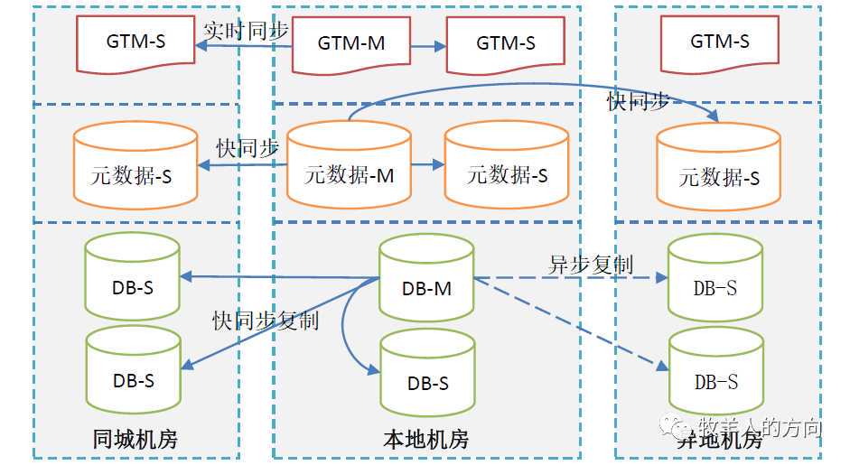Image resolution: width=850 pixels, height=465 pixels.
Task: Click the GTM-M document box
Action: pyautogui.click(x=351, y=43)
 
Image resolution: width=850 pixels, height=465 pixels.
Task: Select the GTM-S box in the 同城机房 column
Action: pyautogui.click(x=136, y=42)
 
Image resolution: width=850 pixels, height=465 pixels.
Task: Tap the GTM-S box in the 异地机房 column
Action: pyautogui.click(x=719, y=42)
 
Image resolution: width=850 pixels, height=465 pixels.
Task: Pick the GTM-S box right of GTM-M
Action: pyautogui.click(x=506, y=43)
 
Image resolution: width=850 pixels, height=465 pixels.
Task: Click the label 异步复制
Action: pyautogui.click(x=591, y=265)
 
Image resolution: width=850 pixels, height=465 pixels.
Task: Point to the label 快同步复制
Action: pyautogui.click(x=266, y=321)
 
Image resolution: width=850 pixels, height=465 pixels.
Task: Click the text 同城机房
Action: pyautogui.click(x=135, y=440)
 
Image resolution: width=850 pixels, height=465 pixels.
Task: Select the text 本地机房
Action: pyautogui.click(x=426, y=440)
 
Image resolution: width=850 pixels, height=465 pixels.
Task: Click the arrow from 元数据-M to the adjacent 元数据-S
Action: pyautogui.click(x=428, y=165)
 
